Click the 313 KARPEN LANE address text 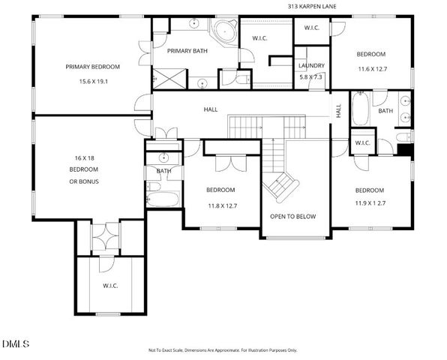pyautogui.click(x=313, y=7)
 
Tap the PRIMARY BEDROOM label pyautogui.click(x=92, y=66)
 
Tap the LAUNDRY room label pyautogui.click(x=310, y=65)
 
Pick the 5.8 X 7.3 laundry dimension pyautogui.click(x=310, y=76)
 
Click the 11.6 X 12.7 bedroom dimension pyautogui.click(x=370, y=68)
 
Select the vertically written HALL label pyautogui.click(x=338, y=110)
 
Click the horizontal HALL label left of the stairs pyautogui.click(x=211, y=110)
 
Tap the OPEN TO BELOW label pyautogui.click(x=293, y=217)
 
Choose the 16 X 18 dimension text pyautogui.click(x=83, y=158)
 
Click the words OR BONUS pyautogui.click(x=83, y=181)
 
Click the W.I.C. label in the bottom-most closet pyautogui.click(x=111, y=286)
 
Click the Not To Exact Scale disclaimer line pyautogui.click(x=223, y=350)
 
